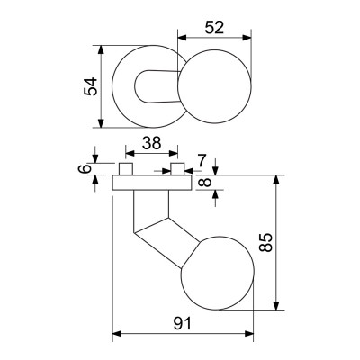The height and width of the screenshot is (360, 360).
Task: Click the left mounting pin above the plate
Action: pyautogui.click(x=126, y=169)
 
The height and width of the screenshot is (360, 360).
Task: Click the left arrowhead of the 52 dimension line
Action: pyautogui.click(x=181, y=38)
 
